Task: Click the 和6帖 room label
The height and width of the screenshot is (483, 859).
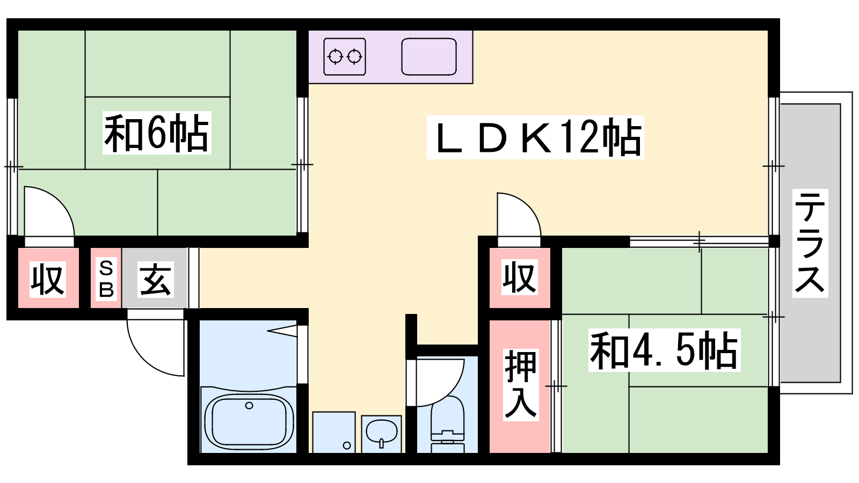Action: [157, 133]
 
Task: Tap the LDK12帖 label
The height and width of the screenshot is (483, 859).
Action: [535, 137]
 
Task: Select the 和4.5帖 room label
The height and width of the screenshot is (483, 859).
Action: [664, 350]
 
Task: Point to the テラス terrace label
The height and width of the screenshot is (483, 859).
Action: [810, 244]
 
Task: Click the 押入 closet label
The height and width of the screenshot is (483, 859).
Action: [520, 385]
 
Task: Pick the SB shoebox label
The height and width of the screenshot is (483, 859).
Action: [106, 279]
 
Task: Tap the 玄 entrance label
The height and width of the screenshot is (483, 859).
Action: [155, 280]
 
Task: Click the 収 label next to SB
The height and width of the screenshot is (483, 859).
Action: [48, 280]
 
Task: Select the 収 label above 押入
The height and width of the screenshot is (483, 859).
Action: [520, 277]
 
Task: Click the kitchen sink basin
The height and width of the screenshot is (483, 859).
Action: [429, 56]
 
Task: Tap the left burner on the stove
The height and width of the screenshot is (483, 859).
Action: [336, 57]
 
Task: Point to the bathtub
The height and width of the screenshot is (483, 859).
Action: [249, 421]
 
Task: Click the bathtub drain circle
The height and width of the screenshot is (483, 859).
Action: [249, 405]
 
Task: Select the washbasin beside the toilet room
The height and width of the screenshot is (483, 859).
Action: [382, 433]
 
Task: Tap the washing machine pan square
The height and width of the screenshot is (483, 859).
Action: [334, 433]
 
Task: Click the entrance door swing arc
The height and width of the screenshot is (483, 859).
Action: [155, 343]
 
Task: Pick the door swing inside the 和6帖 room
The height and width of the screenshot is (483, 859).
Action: [49, 211]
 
